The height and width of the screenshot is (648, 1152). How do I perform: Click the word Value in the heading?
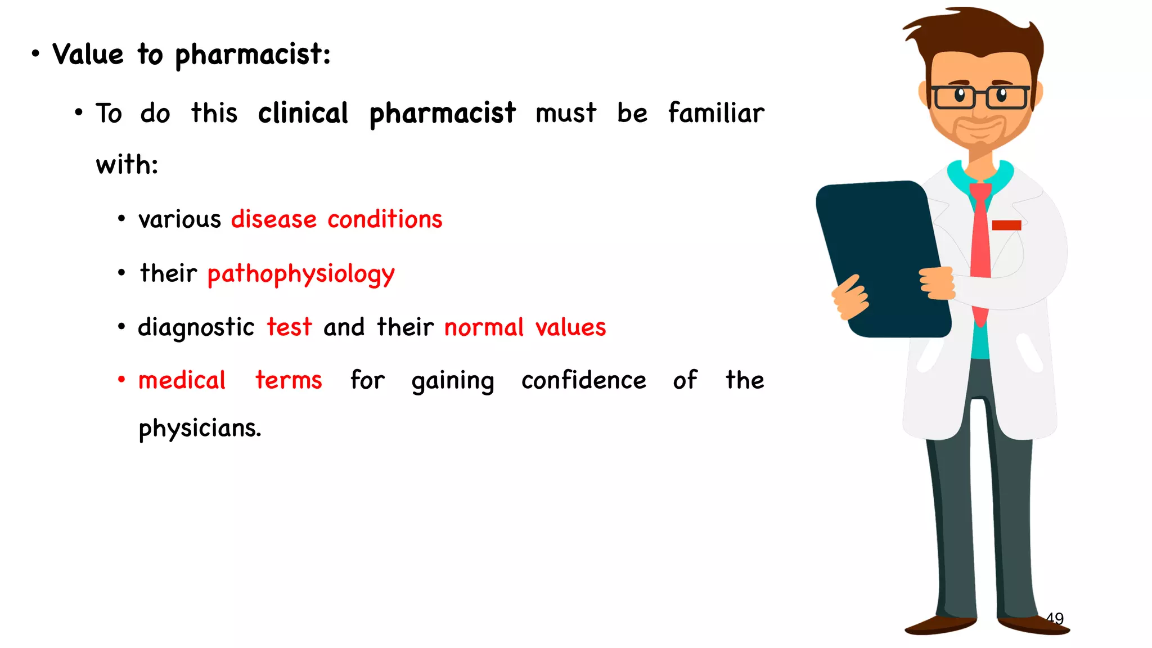(88, 55)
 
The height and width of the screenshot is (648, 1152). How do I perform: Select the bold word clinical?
(303, 113)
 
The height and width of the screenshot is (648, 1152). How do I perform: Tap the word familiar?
(716, 112)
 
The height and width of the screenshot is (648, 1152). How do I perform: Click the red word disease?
(274, 219)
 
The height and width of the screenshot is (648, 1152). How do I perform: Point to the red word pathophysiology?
(301, 274)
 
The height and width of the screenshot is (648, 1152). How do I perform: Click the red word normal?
(484, 327)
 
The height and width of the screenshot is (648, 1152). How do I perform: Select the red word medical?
(182, 381)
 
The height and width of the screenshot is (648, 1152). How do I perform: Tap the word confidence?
(583, 381)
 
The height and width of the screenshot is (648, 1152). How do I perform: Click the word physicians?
(200, 429)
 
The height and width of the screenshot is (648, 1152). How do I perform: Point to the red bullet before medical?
(121, 380)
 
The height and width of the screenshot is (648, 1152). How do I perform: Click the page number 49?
(1055, 618)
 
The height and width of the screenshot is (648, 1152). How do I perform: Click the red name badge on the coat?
(1006, 225)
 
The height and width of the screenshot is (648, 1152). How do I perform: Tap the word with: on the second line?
(127, 165)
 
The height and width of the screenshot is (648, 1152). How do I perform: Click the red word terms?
(289, 381)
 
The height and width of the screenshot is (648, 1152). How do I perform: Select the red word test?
(289, 327)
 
